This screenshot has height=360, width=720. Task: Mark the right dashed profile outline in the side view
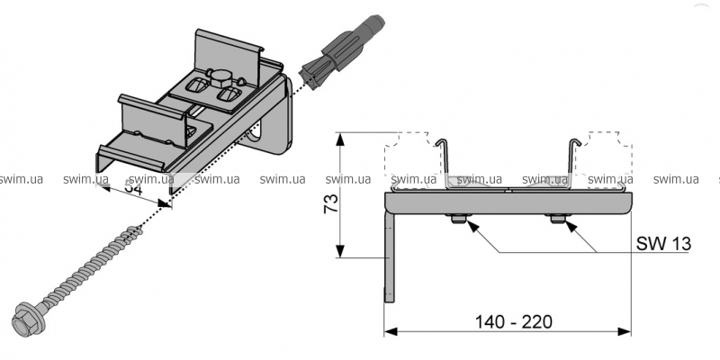[x=608, y=162]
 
